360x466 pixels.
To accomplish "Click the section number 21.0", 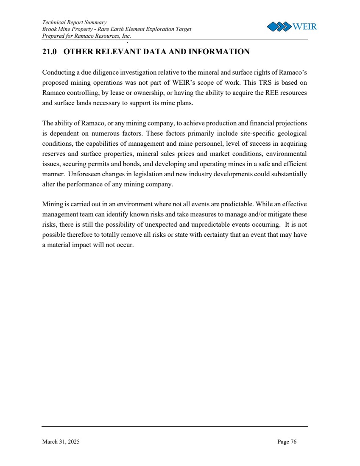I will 50,52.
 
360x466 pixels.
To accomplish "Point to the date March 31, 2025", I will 61,442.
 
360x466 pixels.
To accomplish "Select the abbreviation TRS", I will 257,82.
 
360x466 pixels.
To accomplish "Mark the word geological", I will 290,133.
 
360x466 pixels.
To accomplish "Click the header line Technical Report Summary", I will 74,22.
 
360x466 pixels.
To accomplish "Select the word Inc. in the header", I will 126,36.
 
